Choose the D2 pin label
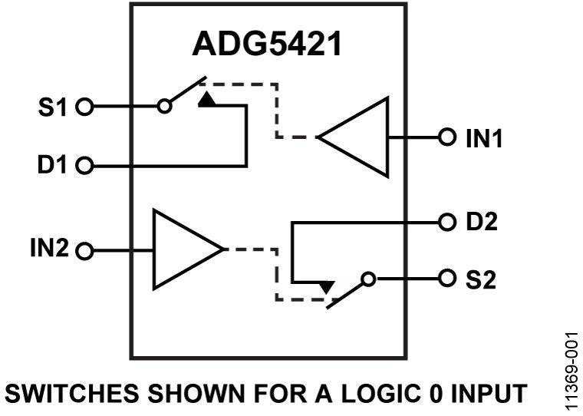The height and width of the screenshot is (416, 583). click(482, 223)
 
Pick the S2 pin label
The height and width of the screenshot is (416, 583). click(482, 279)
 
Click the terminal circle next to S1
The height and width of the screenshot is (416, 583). click(86, 107)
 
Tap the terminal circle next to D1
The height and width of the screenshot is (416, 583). click(86, 165)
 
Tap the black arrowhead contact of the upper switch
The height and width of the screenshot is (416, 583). click(206, 99)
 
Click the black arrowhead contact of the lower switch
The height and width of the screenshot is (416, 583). click(327, 287)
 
